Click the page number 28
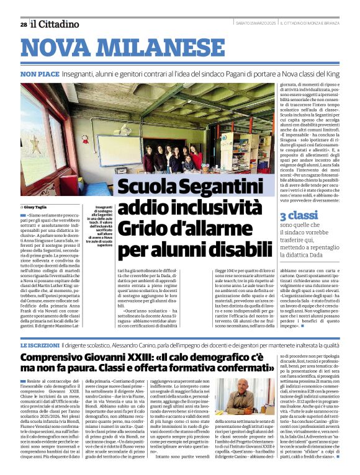tap(23, 24)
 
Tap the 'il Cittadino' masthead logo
tap(55, 24)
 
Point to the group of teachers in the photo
tap(177, 158)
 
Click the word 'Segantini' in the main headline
tap(220, 186)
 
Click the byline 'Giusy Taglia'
tap(37, 207)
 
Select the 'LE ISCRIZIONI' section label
tap(40, 345)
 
